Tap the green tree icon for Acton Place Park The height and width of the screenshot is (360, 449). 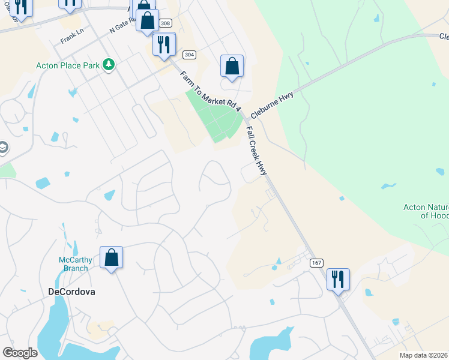[108, 64]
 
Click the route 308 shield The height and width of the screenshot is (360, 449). [164, 23]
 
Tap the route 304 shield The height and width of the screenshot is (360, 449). [189, 55]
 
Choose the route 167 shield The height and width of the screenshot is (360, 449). [316, 263]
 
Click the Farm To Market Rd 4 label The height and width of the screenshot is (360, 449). [210, 91]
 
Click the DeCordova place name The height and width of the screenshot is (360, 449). [71, 292]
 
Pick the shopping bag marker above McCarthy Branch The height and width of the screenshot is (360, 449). [111, 257]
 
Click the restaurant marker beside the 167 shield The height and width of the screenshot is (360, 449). [338, 279]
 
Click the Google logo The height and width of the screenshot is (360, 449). [20, 353]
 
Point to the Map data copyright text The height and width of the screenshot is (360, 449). [424, 355]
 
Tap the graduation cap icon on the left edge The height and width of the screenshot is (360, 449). [4, 148]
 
